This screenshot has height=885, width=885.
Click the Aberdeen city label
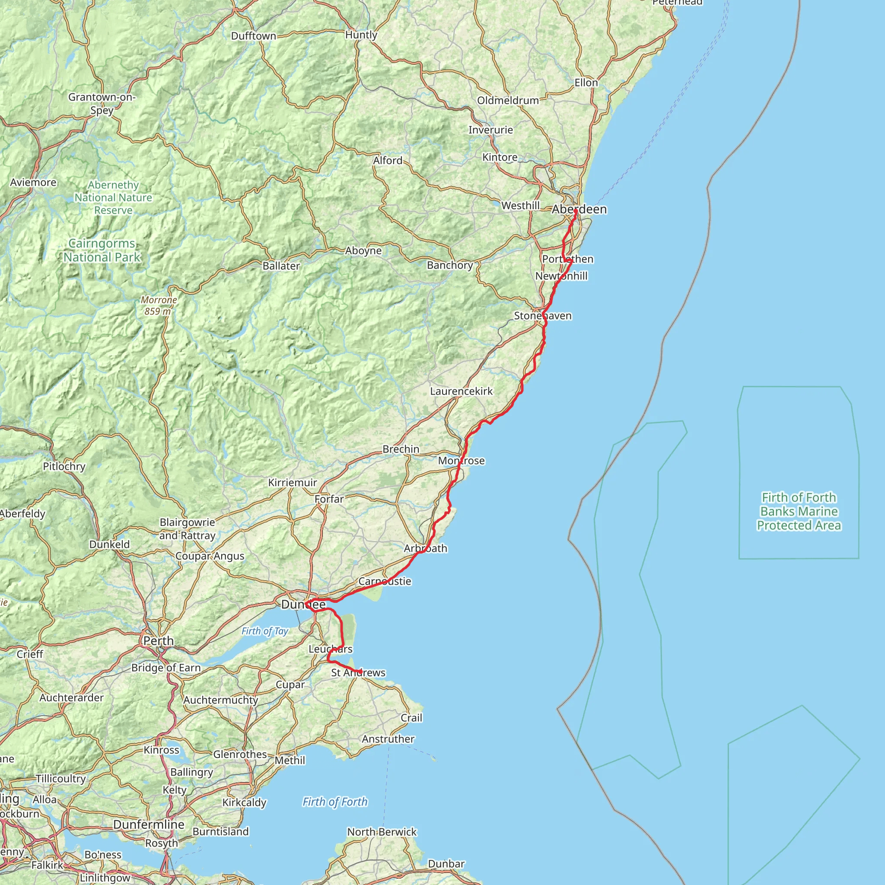579,209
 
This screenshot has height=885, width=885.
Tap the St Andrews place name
358,672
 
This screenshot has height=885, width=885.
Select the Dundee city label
303,604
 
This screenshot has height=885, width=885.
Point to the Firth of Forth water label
335,802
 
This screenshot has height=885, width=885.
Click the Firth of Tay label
265,631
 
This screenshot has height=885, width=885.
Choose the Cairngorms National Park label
102,250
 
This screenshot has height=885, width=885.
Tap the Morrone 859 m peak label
159,305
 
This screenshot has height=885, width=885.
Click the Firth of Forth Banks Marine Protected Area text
799,511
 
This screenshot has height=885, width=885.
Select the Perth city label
159,640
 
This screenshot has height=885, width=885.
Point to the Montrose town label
461,460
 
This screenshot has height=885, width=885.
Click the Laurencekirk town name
461,391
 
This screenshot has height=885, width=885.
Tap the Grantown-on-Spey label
102,104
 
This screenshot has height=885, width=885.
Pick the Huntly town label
361,35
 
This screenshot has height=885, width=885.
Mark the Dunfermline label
149,824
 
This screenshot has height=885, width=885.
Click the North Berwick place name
382,831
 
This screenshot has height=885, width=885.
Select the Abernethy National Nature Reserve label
113,197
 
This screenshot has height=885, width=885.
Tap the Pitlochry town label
64,466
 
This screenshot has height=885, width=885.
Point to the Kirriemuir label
293,482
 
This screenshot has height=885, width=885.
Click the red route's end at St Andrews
360,672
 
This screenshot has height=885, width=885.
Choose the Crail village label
411,717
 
